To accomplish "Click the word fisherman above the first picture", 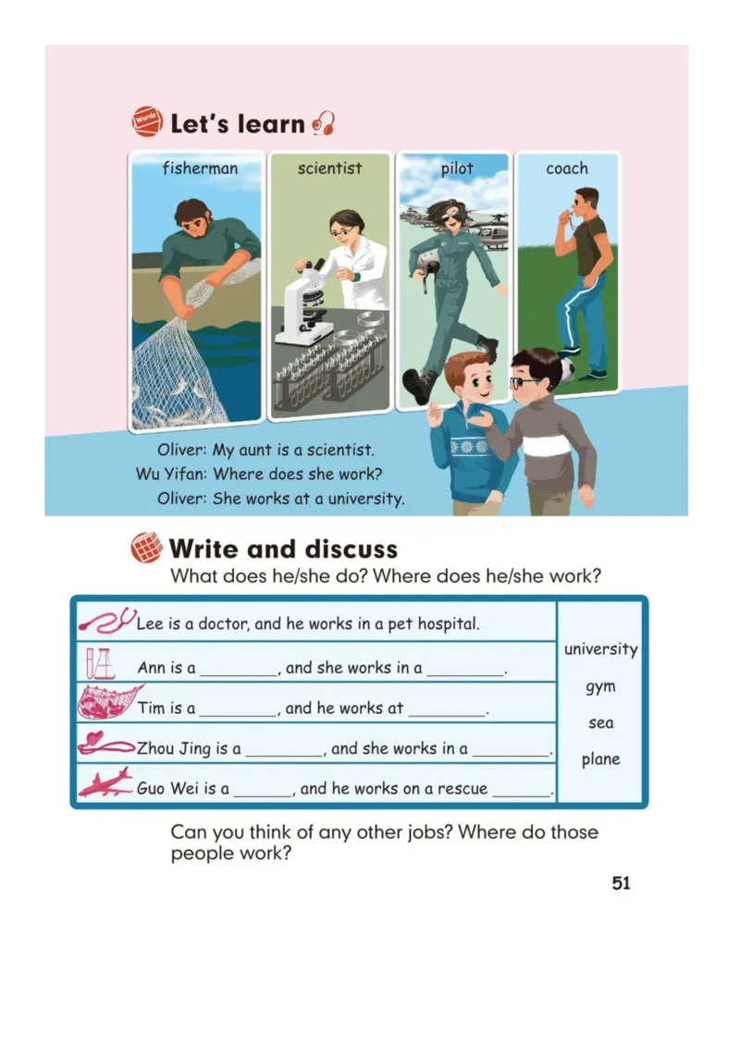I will click(200, 168).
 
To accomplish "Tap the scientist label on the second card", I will click(329, 168).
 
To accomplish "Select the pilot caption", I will click(456, 168).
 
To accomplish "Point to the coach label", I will click(566, 168).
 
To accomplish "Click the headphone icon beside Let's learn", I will click(324, 124).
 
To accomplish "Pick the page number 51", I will click(621, 883).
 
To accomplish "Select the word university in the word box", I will click(600, 649).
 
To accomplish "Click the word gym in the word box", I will click(600, 687).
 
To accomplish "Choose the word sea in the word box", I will click(600, 723).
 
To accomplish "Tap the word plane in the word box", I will click(600, 759).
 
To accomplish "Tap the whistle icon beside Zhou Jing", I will click(105, 743).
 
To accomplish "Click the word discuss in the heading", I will click(341, 549).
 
